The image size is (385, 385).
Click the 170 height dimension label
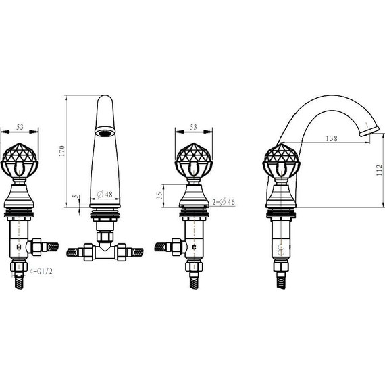(62, 151)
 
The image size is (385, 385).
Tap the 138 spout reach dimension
(332, 138)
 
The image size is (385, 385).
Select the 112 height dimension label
(379, 170)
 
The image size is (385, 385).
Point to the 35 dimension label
(159, 195)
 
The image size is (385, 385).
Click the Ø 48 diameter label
(105, 195)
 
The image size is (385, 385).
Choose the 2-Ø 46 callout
(224, 202)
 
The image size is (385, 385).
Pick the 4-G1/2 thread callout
(41, 272)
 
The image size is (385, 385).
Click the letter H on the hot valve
(19, 247)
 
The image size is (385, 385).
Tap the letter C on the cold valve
(194, 247)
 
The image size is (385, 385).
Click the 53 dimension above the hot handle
(20, 127)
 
